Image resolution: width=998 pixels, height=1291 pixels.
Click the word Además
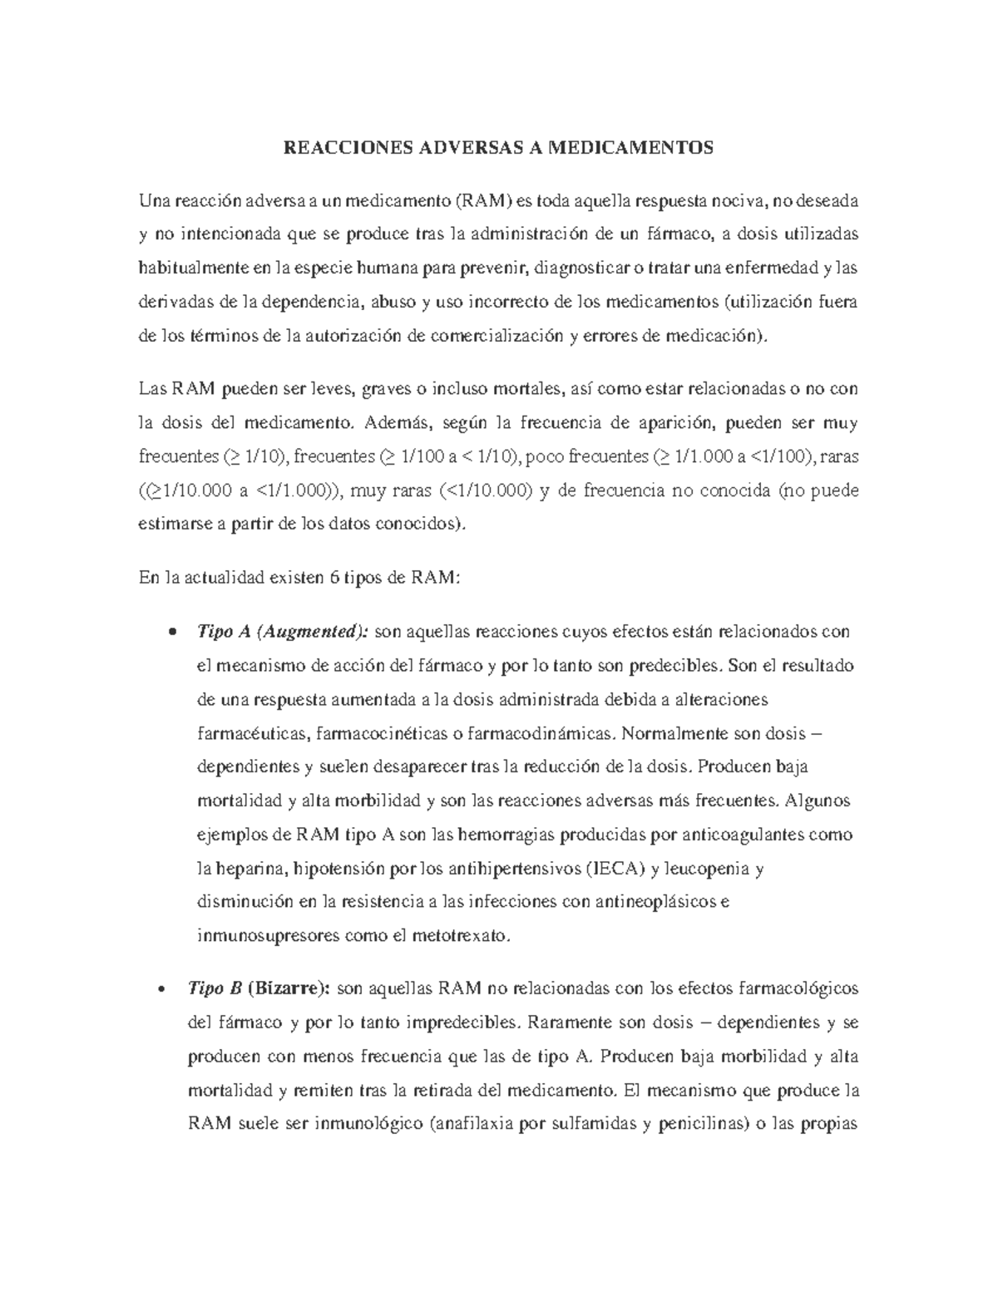pos(399,422)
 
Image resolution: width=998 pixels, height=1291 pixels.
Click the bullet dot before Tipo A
pos(171,632)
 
